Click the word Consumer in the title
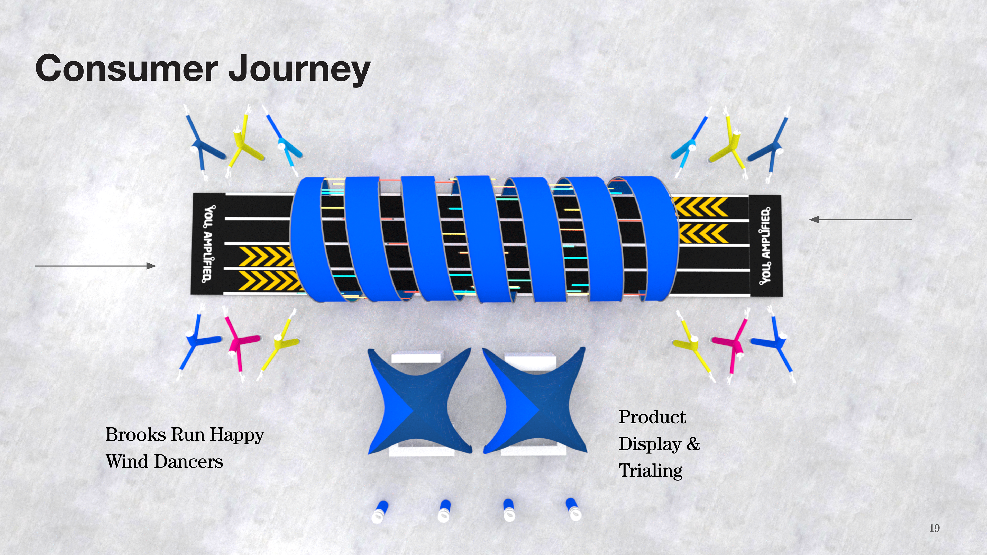[126, 69]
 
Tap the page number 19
[934, 528]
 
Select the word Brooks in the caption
[136, 435]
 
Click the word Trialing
[650, 471]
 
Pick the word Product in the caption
[652, 417]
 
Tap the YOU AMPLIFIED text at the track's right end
[765, 246]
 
